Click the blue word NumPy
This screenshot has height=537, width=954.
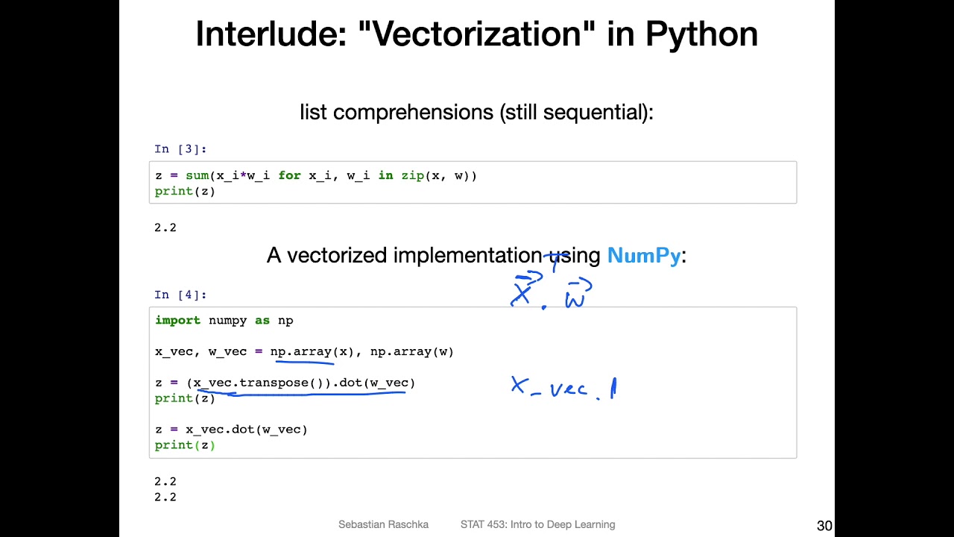[x=644, y=256]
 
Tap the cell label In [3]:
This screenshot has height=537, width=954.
[x=180, y=149]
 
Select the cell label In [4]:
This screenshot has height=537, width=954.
[x=180, y=295]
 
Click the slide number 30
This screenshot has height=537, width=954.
[x=824, y=526]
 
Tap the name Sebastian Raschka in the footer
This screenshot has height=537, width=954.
[x=383, y=524]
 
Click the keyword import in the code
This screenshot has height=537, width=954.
[x=177, y=320]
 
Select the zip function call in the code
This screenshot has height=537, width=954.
[x=413, y=175]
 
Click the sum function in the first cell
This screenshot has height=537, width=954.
[x=197, y=175]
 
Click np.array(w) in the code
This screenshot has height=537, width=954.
[x=412, y=351]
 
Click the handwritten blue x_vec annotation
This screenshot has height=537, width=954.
[x=552, y=388]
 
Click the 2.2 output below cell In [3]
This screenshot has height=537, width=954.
[x=165, y=227]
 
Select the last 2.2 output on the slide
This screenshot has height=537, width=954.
[x=165, y=497]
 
